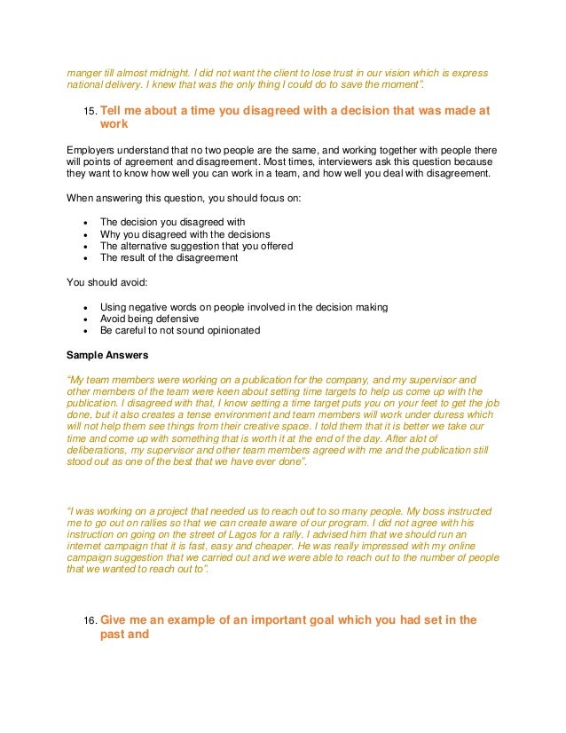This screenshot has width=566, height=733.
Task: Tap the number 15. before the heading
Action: [89, 112]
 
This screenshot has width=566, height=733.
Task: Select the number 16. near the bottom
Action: [89, 621]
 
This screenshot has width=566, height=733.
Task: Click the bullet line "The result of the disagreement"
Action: [169, 258]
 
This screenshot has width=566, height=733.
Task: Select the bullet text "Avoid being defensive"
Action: [149, 319]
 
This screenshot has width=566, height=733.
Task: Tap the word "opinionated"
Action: [230, 331]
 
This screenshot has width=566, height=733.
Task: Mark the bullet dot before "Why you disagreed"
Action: [84, 234]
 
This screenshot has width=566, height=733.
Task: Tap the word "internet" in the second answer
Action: [86, 549]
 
